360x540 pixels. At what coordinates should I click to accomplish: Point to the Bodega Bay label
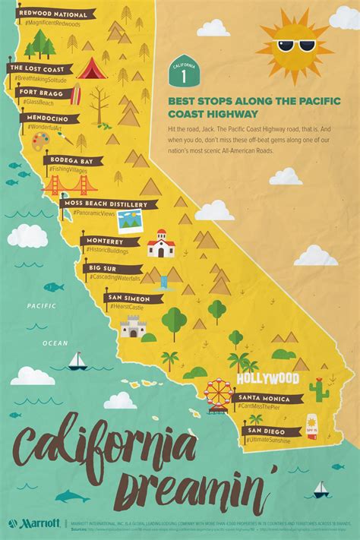pyautogui.click(x=73, y=160)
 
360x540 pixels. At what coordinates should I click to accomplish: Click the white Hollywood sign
pyautogui.click(x=268, y=378)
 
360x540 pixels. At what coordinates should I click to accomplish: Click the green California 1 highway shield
pyautogui.click(x=178, y=74)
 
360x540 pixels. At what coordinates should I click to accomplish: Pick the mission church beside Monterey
pyautogui.click(x=160, y=244)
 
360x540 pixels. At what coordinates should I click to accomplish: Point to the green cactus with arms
pyautogui.click(x=319, y=389)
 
